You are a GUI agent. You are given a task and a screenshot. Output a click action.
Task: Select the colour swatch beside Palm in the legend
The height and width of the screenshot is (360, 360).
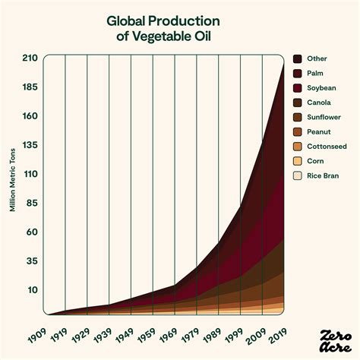coord(298,74)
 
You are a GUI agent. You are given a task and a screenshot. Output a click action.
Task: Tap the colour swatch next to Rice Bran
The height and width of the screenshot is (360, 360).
coord(298,175)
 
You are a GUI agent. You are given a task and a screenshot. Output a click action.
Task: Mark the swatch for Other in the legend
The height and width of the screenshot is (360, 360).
coord(298,59)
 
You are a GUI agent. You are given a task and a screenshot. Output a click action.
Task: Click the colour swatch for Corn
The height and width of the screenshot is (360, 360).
coord(298,161)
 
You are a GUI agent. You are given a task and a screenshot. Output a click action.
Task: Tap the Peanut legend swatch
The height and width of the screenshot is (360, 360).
coord(298,132)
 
